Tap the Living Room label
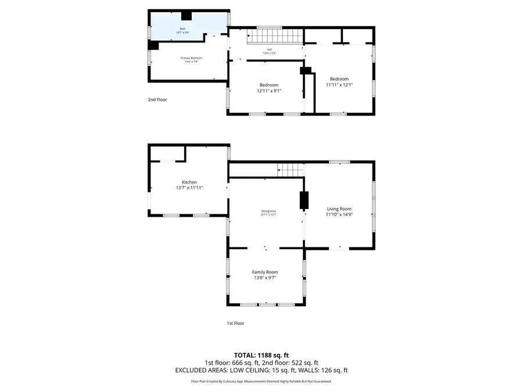pyautogui.click(x=339, y=209)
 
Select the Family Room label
pyautogui.click(x=264, y=272)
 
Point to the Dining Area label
pyautogui.click(x=268, y=211)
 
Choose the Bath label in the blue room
pyautogui.click(x=182, y=28)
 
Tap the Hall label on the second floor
pyautogui.click(x=270, y=49)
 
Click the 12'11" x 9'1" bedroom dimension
pyautogui.click(x=269, y=91)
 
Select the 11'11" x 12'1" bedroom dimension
pyautogui.click(x=339, y=85)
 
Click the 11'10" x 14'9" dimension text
pyautogui.click(x=339, y=215)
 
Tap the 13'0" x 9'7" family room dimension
pyautogui.click(x=264, y=278)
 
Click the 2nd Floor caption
pyautogui.click(x=157, y=100)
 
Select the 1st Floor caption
pyautogui.click(x=235, y=323)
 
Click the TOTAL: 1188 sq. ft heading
pyautogui.click(x=261, y=355)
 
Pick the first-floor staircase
pyautogui.click(x=291, y=170)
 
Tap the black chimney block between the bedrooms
pyautogui.click(x=305, y=71)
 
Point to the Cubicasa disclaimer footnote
pyautogui.click(x=261, y=382)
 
